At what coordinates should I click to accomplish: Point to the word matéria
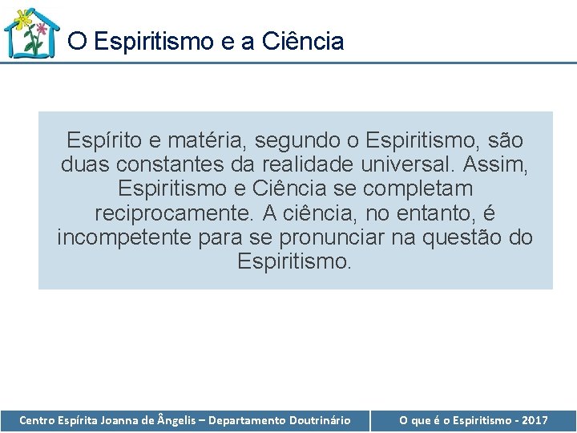click(211, 141)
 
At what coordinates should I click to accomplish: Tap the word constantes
click(166, 165)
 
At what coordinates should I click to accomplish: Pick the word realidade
click(309, 165)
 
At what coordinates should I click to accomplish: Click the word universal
click(408, 165)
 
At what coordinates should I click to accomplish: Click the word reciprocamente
click(179, 213)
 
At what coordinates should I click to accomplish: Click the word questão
click(466, 237)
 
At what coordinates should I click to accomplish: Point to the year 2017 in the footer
click(534, 420)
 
